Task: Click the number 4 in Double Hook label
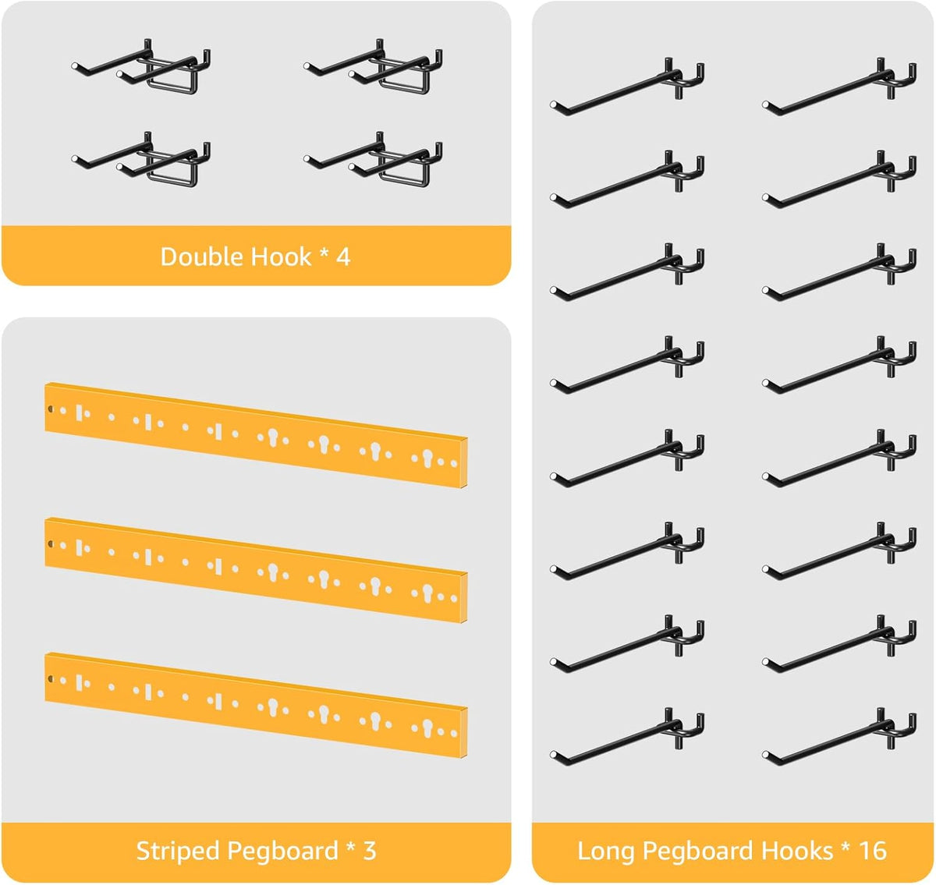pos(343,257)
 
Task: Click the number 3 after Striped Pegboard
pos(370,851)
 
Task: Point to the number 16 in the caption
pos(873,851)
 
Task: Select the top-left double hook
pos(141,66)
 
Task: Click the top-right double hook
pos(373,66)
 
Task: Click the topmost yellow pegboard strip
pos(256,434)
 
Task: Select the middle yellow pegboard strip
pos(256,570)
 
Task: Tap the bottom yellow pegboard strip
pos(256,705)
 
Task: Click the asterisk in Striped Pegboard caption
pos(350,848)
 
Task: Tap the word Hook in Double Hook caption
pos(281,257)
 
